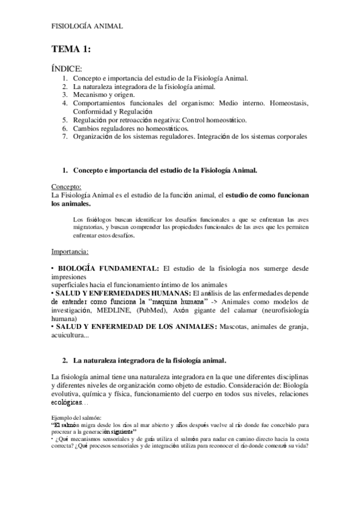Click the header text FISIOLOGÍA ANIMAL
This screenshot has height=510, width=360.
point(87,26)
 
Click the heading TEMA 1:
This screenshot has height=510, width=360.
point(71,49)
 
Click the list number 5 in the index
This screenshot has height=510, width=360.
point(65,120)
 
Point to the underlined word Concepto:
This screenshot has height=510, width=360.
point(67,187)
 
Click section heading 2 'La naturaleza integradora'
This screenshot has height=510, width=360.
point(150,361)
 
